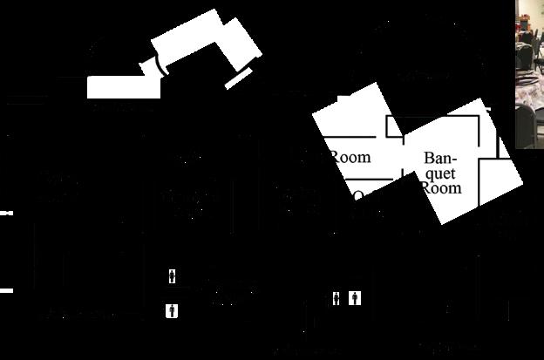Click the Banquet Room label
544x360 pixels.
(x=441, y=173)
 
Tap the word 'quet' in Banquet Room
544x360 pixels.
(x=442, y=173)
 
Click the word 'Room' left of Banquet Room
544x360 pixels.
(x=350, y=158)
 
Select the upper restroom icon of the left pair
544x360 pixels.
(x=173, y=277)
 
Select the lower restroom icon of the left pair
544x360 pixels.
(x=173, y=309)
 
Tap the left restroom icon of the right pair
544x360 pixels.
(x=338, y=298)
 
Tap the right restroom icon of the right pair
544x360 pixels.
(x=355, y=298)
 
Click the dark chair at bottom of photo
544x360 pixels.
(x=531, y=131)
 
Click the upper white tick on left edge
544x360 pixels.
(x=4, y=213)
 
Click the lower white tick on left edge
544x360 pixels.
(x=4, y=290)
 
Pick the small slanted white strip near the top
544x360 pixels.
(x=237, y=79)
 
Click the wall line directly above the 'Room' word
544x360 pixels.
(x=349, y=137)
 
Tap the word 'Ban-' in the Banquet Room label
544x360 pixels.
(x=441, y=159)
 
